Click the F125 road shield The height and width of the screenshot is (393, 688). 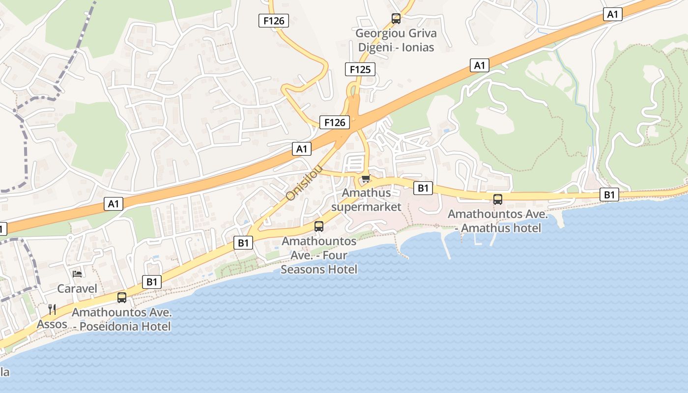(360, 69)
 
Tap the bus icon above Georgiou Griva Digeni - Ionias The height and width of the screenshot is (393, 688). (396, 19)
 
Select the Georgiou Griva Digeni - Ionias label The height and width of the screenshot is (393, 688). (396, 40)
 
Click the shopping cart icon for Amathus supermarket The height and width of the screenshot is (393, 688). (365, 179)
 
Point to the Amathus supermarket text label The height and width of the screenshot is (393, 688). (366, 199)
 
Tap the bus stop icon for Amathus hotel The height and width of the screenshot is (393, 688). (498, 199)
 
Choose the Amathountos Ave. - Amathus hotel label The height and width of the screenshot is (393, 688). (497, 221)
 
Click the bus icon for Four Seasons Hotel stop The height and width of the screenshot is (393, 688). (319, 226)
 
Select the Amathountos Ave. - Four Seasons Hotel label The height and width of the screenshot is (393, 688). (319, 255)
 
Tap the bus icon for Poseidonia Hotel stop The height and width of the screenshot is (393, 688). (121, 297)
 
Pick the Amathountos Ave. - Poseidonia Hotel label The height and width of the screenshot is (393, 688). (122, 319)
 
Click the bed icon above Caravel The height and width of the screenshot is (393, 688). (77, 274)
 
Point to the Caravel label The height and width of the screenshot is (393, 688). (77, 288)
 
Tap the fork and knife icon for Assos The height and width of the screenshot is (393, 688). (52, 309)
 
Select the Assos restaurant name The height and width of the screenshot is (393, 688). (52, 324)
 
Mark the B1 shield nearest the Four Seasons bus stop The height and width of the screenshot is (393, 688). (244, 242)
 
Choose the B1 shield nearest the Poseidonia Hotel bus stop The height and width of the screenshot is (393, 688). (152, 282)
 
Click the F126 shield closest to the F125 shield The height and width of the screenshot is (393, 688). (335, 122)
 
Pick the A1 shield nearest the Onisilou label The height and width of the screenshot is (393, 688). (302, 149)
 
